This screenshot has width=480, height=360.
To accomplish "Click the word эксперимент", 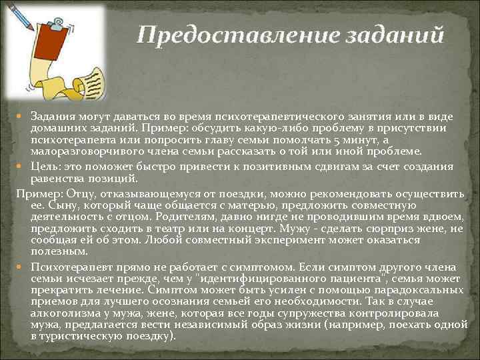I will point(244,240).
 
